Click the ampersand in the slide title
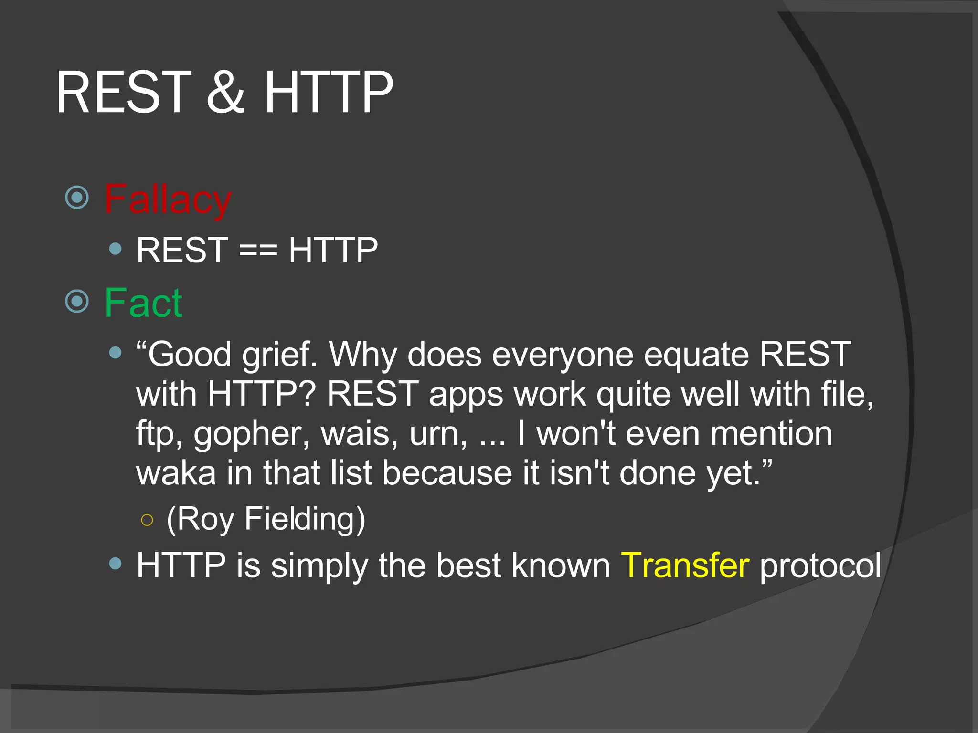coord(226,92)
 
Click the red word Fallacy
coord(168,199)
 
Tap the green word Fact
coord(143,303)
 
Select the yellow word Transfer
coord(685,565)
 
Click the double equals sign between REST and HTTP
coord(258,250)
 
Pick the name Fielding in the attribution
coord(305,519)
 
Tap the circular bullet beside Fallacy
coord(77,197)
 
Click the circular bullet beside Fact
coord(77,301)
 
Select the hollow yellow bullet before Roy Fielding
coord(147,520)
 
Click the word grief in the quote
coord(279,356)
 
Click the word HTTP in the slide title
coord(329,92)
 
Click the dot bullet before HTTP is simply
coord(115,564)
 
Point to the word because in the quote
coord(447,473)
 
